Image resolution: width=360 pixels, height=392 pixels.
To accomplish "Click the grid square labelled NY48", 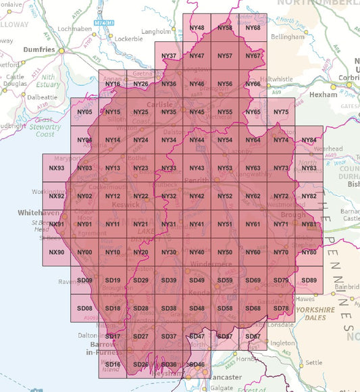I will (x=197, y=28).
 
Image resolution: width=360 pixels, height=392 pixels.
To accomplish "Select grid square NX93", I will (x=57, y=168).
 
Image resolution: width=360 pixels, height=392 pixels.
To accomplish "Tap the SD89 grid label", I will (x=309, y=280).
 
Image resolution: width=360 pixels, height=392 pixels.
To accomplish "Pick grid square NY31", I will (x=169, y=224).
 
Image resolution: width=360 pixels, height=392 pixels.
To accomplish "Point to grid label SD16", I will (x=113, y=364).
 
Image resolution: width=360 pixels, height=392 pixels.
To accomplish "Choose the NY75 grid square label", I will (x=281, y=112).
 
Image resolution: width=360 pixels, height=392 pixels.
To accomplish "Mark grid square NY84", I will (x=309, y=140).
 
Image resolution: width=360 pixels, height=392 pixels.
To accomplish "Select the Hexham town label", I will (x=322, y=95).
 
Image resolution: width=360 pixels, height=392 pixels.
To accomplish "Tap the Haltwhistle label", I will (x=277, y=79).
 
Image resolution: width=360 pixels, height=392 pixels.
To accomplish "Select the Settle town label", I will (x=313, y=362).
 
